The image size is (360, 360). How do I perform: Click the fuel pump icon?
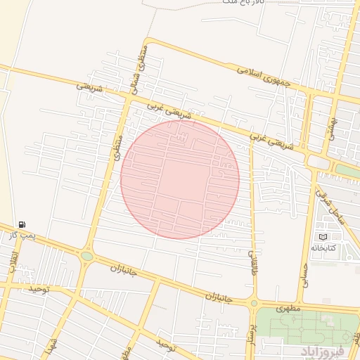[22, 224]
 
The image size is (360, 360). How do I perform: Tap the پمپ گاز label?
[22, 235]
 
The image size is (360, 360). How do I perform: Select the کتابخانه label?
[324, 248]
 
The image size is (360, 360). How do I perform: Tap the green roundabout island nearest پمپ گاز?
[86, 256]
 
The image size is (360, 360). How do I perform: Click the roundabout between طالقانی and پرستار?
[253, 303]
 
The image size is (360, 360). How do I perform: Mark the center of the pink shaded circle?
[180, 179]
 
